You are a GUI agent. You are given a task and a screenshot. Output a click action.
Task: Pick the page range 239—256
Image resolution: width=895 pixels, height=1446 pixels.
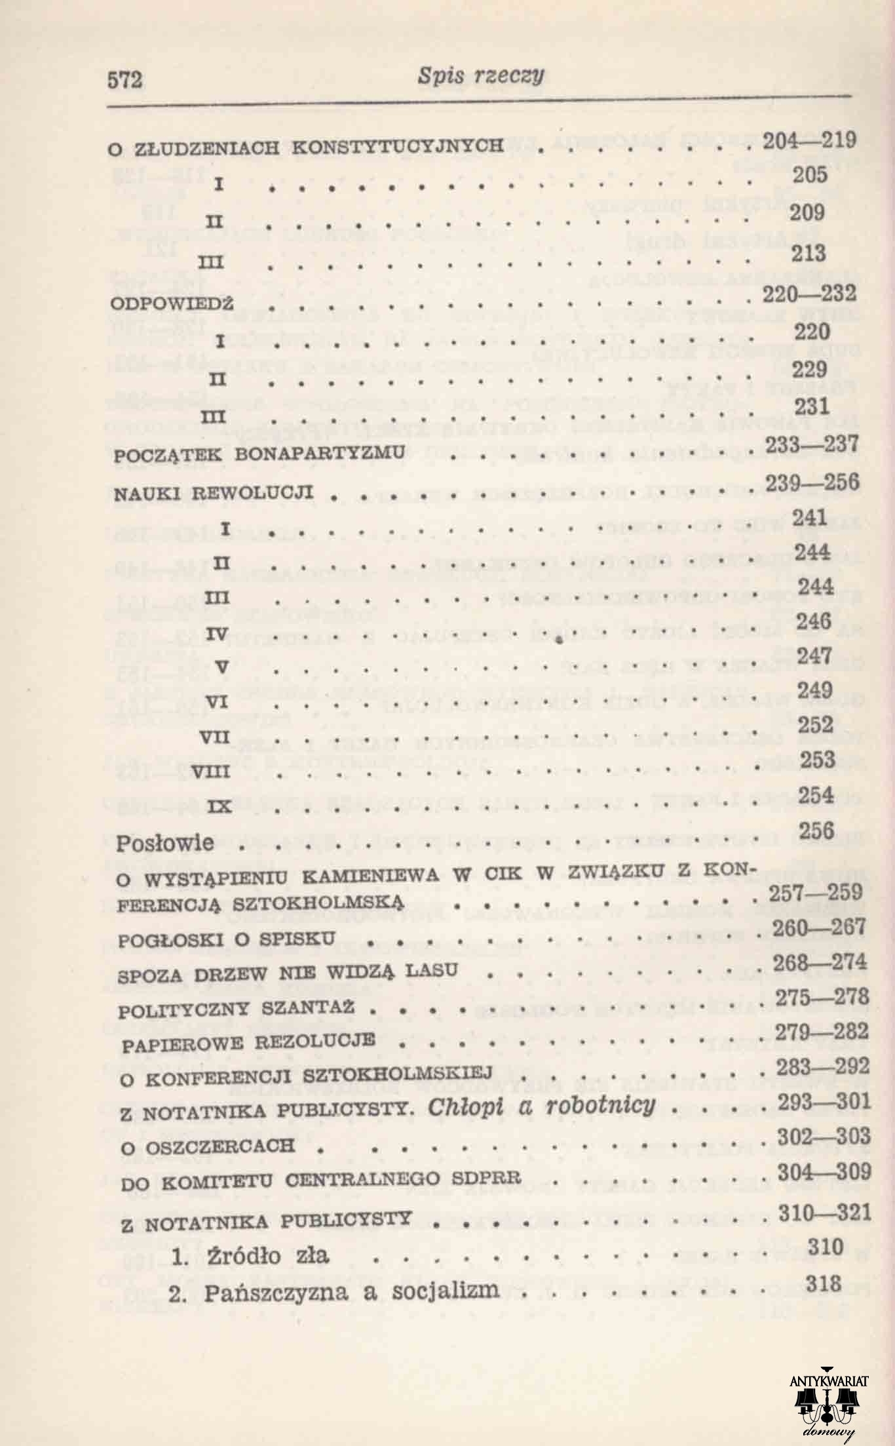(x=812, y=482)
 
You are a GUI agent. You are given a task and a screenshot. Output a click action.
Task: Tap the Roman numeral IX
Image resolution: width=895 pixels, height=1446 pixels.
(x=219, y=808)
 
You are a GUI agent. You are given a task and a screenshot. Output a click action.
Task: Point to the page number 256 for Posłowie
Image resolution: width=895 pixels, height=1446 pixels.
(x=816, y=830)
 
